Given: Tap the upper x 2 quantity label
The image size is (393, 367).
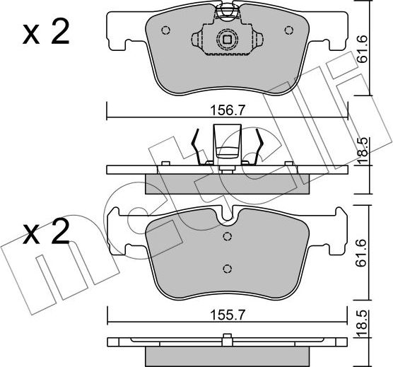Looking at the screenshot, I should pos(47,33).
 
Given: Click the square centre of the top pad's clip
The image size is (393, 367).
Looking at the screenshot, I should pos(227,40).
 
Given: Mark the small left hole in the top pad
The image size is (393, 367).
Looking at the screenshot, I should pos(166,30).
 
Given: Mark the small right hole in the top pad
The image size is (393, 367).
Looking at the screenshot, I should pos(288,30).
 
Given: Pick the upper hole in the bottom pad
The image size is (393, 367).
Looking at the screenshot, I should pos(227,237).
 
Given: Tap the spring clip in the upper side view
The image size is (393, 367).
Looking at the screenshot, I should pos(227,146).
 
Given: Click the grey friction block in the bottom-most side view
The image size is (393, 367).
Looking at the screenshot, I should pos(227,354).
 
